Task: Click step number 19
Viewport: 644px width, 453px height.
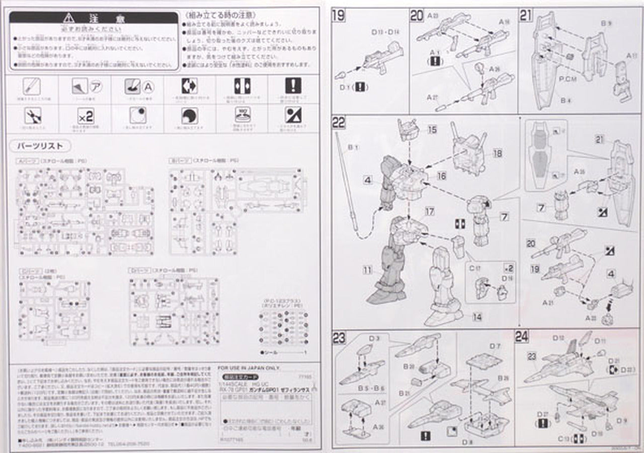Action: tap(339, 16)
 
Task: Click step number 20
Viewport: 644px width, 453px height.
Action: tap(417, 16)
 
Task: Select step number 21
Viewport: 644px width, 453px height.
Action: tap(526, 16)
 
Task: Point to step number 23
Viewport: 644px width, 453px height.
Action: tap(339, 338)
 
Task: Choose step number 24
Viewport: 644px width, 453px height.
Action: tap(522, 336)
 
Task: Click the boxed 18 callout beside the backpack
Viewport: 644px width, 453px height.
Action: tap(497, 153)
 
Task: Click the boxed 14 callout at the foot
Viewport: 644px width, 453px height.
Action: tap(477, 317)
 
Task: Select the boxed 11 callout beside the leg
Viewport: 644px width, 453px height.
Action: tap(368, 270)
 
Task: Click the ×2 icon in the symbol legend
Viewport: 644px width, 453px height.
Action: tap(86, 117)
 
